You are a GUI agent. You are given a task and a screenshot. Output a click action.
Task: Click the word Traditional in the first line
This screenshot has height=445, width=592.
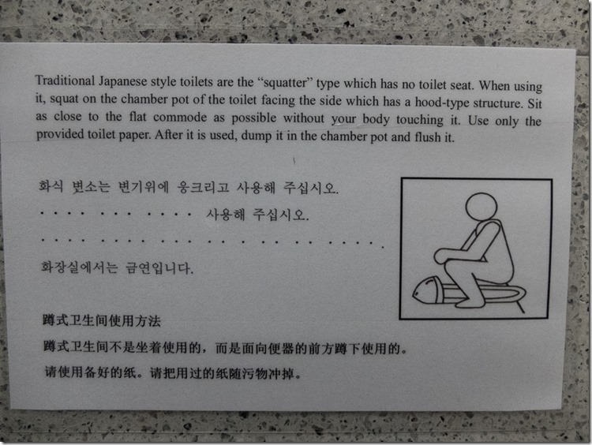pyautogui.click(x=65, y=80)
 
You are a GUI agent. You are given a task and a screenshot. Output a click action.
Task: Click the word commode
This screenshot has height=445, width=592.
pyautogui.click(x=180, y=117)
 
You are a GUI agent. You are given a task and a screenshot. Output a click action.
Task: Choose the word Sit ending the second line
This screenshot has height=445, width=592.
pyautogui.click(x=534, y=103)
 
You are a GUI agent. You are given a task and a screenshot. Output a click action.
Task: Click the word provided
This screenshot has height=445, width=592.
pyautogui.click(x=60, y=134)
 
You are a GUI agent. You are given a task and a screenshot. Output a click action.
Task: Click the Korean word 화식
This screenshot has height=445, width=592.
pyautogui.click(x=51, y=185)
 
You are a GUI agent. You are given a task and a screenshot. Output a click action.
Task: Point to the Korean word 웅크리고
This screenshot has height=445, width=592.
pyautogui.click(x=203, y=187)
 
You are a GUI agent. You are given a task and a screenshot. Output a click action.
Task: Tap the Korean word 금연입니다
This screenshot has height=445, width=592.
pyautogui.click(x=159, y=268)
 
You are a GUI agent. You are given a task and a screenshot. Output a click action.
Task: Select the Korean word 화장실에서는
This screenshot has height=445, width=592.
pyautogui.click(x=79, y=267)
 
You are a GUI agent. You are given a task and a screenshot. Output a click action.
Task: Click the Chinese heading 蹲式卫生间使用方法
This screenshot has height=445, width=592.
pyautogui.click(x=102, y=320)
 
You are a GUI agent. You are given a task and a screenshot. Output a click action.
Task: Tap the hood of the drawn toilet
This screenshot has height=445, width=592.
pyautogui.click(x=426, y=290)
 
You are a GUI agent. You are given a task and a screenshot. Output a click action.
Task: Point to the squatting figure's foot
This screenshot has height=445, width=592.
pyautogui.click(x=470, y=302)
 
